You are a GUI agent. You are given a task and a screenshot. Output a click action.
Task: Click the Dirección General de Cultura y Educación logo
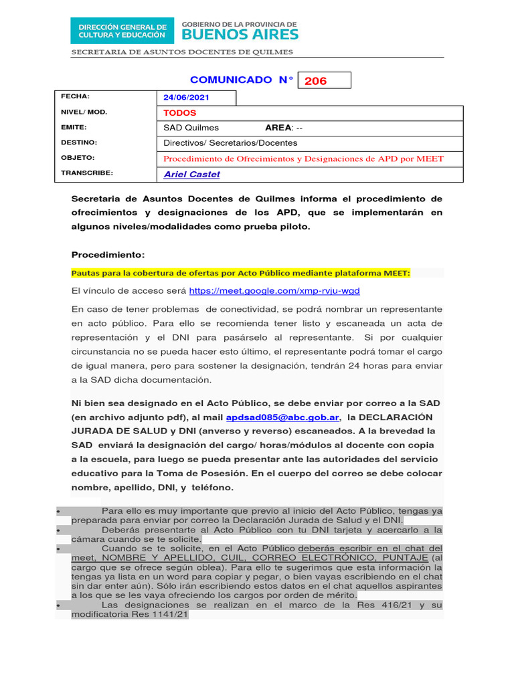tap(122, 30)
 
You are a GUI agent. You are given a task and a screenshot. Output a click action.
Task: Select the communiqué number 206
tap(316, 81)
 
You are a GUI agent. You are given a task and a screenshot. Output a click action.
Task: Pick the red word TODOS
tap(181, 113)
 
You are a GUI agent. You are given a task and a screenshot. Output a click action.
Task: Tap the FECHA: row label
tap(75, 97)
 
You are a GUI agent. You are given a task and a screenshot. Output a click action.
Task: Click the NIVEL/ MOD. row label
tap(84, 112)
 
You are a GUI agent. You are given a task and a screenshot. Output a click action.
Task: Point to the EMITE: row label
tap(74, 127)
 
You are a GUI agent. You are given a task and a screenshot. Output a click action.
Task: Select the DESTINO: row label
tap(79, 142)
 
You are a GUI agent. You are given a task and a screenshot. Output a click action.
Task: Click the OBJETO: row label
tap(78, 158)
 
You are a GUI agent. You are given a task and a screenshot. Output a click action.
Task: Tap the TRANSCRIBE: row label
tap(87, 173)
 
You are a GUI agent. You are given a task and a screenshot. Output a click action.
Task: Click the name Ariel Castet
tap(191, 175)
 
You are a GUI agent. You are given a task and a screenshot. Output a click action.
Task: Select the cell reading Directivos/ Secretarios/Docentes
tap(230, 143)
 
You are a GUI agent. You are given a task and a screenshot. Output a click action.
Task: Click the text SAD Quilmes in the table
tap(191, 128)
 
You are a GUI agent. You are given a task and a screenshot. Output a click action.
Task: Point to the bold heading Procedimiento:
tap(107, 255)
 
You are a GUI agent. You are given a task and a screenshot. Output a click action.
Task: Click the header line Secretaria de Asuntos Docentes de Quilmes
tap(182, 52)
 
